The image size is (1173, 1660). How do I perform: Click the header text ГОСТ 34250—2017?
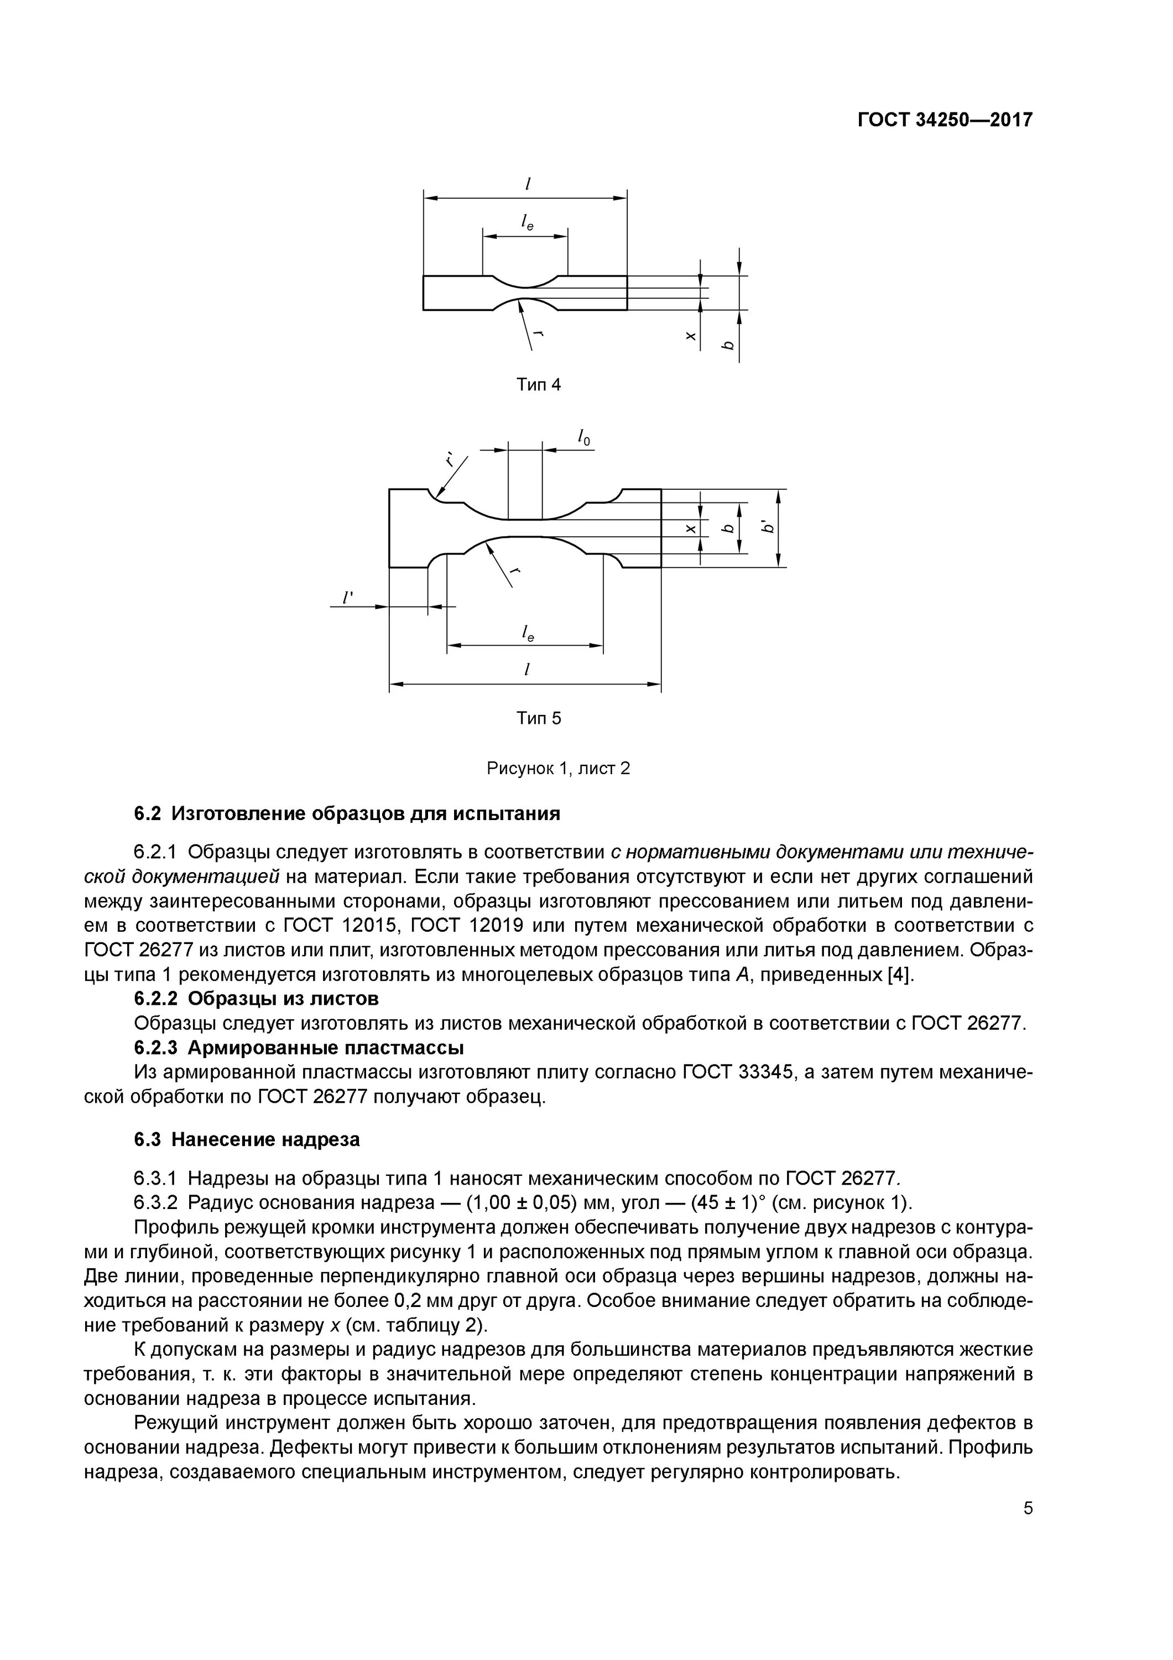(x=945, y=120)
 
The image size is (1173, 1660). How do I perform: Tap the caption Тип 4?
(x=539, y=385)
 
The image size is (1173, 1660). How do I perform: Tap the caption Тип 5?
(x=539, y=718)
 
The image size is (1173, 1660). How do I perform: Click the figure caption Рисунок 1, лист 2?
(x=558, y=768)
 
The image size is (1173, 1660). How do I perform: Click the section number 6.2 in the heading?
(x=148, y=814)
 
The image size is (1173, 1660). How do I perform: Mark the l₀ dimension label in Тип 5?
(x=583, y=438)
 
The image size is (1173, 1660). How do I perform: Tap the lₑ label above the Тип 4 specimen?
(x=527, y=224)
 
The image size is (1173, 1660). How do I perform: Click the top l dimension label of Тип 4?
(x=528, y=184)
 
